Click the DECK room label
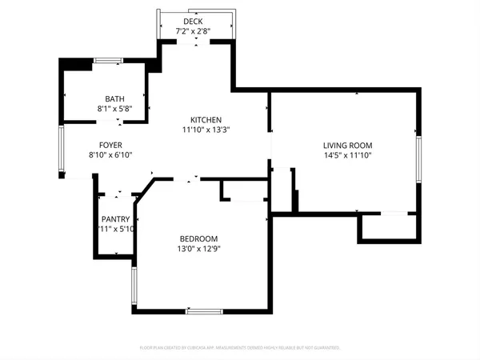[193, 22]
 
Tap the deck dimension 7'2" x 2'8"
[193, 31]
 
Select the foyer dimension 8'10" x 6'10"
[103, 155]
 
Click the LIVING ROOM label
[347, 146]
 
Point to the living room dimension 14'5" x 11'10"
[347, 155]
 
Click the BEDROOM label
[198, 239]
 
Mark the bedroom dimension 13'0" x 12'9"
[198, 249]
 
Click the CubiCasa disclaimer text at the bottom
[240, 348]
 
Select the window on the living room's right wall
[417, 159]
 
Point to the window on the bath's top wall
[109, 61]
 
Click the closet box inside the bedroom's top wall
[242, 190]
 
